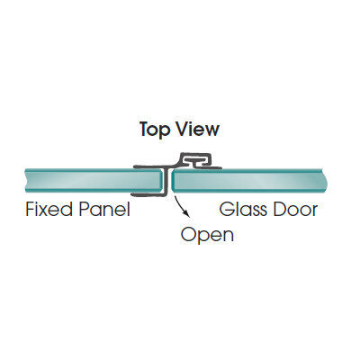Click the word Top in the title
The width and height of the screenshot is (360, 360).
[x=155, y=130]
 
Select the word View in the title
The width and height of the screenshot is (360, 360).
[x=197, y=129]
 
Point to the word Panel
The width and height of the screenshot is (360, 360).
[x=103, y=209]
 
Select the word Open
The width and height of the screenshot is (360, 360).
[x=207, y=235]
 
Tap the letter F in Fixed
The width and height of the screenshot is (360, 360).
[x=31, y=209]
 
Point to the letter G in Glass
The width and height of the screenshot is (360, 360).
[x=227, y=209]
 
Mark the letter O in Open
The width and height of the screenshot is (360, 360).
[x=188, y=234]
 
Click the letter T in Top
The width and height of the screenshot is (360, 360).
[x=146, y=129]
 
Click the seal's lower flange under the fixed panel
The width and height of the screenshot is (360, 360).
[x=147, y=195]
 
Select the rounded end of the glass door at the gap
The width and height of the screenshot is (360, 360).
[x=175, y=181]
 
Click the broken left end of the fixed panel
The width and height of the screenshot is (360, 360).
[x=27, y=181]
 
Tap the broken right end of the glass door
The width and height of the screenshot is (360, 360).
[x=325, y=181]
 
